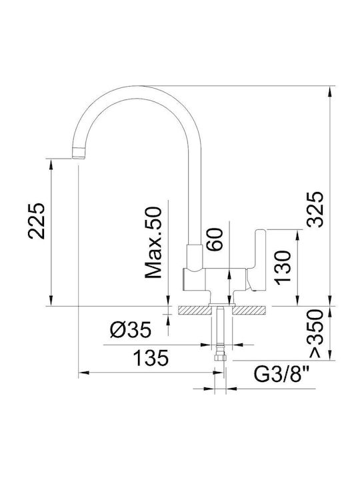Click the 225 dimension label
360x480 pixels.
coord(37,221)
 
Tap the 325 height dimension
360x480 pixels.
coord(315,209)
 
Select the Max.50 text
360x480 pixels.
coord(153,243)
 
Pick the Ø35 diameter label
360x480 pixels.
coord(131,330)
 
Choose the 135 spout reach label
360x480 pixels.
coord(151,358)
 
